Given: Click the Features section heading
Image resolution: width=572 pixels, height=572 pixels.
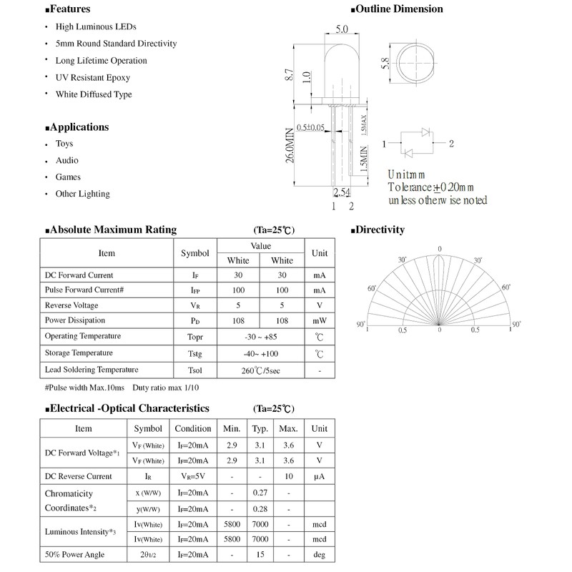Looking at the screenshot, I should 70,9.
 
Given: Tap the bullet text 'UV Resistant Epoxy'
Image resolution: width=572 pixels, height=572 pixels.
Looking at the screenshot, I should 93,77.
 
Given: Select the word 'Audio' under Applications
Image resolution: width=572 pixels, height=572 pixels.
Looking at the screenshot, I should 67,160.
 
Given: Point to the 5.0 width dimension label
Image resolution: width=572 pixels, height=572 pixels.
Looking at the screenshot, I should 341,29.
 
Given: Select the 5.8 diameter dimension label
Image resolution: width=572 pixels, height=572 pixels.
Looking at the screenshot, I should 385,64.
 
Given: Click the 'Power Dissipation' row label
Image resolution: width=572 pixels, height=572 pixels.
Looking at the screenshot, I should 75,320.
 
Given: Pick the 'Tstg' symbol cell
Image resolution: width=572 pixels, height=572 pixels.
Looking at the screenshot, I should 194,353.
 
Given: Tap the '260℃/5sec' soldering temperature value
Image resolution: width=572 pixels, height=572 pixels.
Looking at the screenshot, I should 260,371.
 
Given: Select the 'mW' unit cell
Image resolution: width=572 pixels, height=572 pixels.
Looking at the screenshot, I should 319,320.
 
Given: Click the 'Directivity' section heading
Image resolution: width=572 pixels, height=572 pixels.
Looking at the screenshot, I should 380,230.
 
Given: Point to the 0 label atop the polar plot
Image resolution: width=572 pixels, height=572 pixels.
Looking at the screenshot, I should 440,249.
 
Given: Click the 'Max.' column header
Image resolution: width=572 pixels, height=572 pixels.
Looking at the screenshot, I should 288,428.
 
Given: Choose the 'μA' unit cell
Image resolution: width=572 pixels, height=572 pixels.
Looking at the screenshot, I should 319,476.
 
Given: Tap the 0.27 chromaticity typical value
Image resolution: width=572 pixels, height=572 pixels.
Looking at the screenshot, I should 260,493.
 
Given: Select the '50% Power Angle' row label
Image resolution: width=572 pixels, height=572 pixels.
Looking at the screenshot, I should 74,554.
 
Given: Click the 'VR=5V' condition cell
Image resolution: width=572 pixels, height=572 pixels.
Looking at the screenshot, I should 193,476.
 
